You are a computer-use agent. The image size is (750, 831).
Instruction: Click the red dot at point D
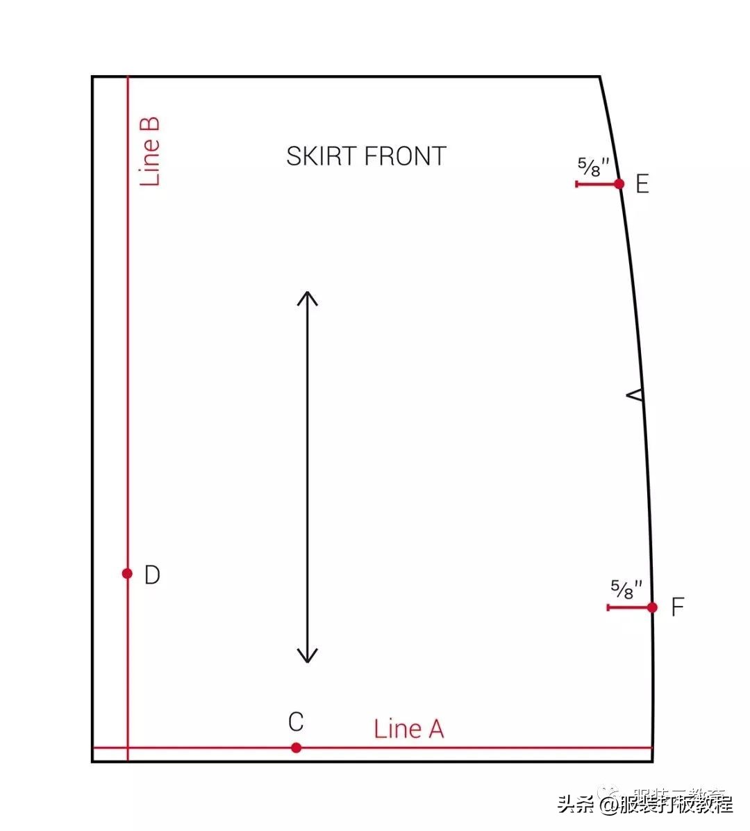[127, 573]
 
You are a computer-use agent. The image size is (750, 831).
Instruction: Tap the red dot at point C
[297, 748]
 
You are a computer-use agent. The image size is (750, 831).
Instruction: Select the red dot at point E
[619, 184]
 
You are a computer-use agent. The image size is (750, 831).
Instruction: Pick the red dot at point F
[652, 607]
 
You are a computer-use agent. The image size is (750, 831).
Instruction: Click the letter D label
[152, 575]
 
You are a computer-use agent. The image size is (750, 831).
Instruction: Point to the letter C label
[296, 722]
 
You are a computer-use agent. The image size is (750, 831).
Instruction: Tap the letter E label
[642, 184]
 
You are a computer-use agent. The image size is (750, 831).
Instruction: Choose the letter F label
[678, 607]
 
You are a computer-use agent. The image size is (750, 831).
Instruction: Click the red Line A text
[408, 729]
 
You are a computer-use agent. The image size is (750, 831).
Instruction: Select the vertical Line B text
[150, 151]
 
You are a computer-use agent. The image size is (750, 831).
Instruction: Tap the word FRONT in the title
[405, 156]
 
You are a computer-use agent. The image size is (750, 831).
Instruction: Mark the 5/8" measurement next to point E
[594, 167]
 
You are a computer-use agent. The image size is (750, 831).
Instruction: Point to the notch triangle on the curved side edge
[635, 395]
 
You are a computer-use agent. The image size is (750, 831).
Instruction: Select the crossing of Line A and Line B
[128, 748]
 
